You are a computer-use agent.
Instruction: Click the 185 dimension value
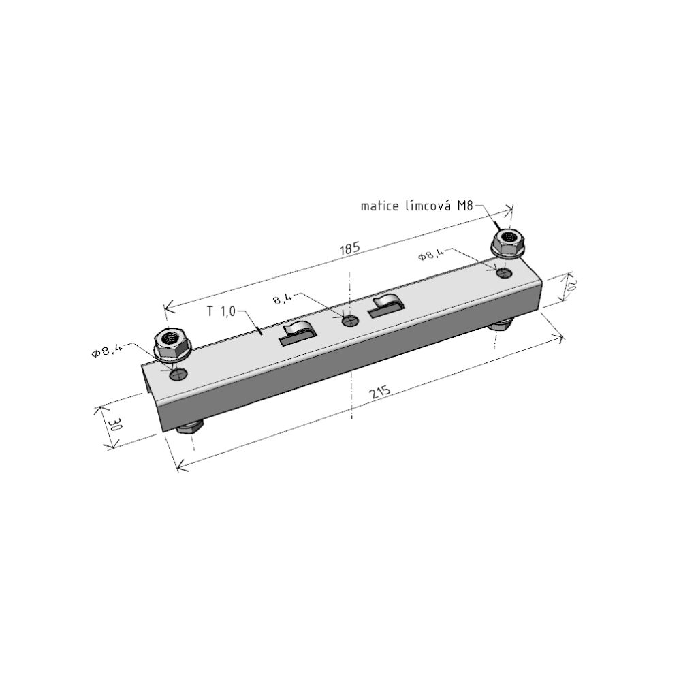(x=350, y=249)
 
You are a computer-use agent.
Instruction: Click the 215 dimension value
(x=380, y=392)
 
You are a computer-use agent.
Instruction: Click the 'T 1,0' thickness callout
(x=221, y=311)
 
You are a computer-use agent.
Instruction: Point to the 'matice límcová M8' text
(x=417, y=206)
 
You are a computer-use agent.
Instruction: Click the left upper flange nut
(x=173, y=343)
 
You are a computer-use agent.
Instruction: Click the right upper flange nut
(x=508, y=242)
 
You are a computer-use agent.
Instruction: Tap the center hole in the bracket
(x=349, y=321)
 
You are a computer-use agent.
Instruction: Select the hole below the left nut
(x=178, y=374)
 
